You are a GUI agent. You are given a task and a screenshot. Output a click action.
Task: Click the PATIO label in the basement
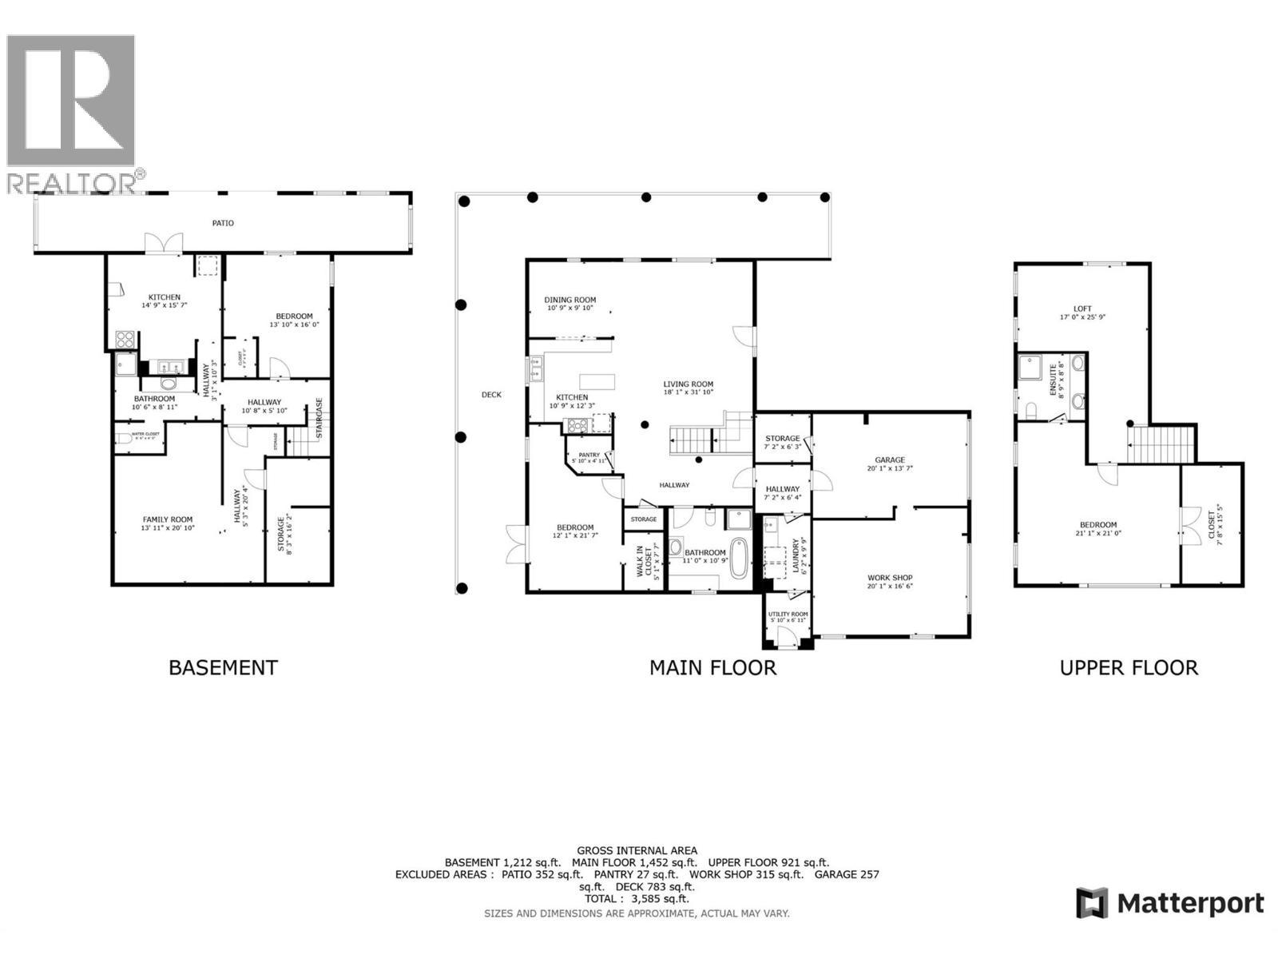coord(223,223)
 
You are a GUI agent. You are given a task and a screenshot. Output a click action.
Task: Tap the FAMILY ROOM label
coord(168,519)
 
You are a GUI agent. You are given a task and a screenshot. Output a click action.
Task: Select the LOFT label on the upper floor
coord(1082,308)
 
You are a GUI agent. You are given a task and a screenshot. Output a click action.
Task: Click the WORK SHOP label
coord(890,578)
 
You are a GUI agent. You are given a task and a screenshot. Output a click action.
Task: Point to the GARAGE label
coord(890,460)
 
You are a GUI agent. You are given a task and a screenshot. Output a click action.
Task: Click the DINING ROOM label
coord(571,300)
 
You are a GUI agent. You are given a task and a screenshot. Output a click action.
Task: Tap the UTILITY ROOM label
coord(788,615)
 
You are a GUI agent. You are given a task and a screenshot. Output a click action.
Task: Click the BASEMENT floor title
coord(223,667)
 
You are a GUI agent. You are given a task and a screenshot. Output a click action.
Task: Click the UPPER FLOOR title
coord(1129,667)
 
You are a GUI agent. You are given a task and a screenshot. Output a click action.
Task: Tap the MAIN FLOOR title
coord(712,667)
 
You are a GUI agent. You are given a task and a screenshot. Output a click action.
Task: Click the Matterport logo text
coord(1190,904)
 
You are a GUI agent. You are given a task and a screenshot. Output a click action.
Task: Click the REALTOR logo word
coord(72,183)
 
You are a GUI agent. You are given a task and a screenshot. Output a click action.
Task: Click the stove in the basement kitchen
coord(125,340)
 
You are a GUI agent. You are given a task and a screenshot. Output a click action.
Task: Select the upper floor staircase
coord(1161,444)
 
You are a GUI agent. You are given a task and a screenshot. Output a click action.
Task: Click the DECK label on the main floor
coord(491,395)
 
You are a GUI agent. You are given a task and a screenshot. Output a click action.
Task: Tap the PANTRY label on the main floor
coord(589,455)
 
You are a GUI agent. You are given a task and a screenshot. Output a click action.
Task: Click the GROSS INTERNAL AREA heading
coord(637,850)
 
